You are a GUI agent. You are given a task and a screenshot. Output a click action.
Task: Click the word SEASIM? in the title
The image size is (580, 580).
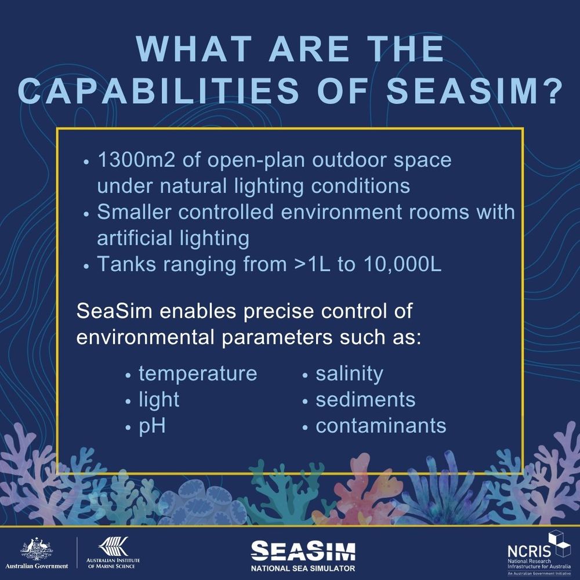(x=474, y=91)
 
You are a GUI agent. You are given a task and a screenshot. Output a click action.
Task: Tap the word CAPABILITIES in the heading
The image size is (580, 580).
(x=158, y=91)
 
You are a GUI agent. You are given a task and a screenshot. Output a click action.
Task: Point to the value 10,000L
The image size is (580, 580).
(x=403, y=264)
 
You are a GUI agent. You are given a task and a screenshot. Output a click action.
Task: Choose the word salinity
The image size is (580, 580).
(x=349, y=374)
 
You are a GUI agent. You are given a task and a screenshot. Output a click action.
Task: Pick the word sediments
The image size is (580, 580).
(x=365, y=400)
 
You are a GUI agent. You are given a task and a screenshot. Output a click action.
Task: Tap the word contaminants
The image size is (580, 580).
(x=381, y=426)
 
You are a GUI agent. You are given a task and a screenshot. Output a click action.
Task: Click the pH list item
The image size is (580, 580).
(x=152, y=427)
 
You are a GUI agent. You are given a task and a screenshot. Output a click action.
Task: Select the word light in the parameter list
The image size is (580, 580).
(x=159, y=400)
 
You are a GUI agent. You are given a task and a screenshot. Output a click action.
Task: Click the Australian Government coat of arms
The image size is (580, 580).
(x=37, y=549)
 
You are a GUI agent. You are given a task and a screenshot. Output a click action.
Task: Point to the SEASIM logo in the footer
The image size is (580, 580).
(x=303, y=551)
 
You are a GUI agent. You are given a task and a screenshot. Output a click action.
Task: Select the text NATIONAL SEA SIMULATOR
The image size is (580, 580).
(x=303, y=568)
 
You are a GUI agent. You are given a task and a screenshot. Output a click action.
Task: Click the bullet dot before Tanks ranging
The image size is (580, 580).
(x=86, y=266)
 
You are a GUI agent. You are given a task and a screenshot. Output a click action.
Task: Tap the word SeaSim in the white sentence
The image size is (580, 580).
(x=114, y=311)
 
